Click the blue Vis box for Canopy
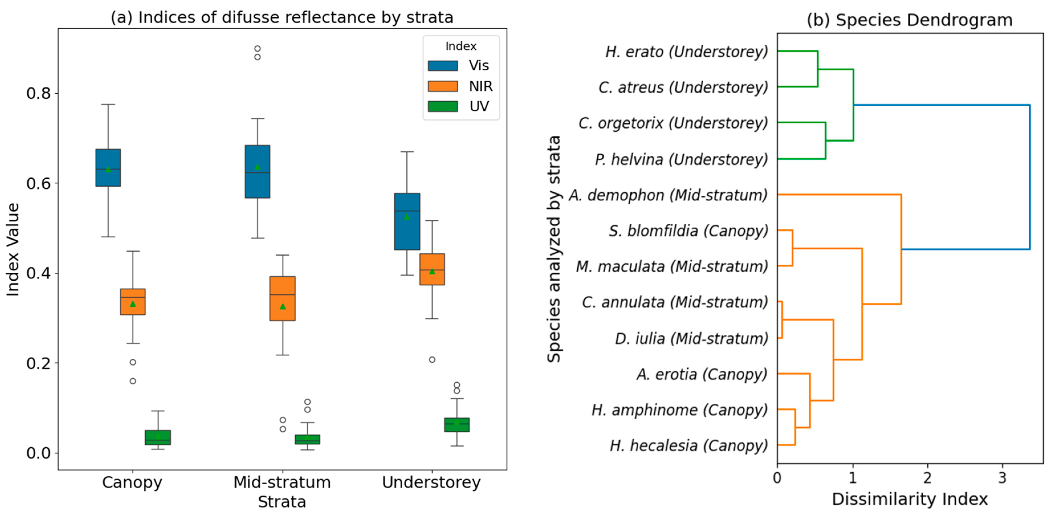[108, 168]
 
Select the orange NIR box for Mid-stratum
[282, 298]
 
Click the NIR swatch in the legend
[443, 86]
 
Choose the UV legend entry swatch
[443, 106]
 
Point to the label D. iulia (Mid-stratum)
[691, 338]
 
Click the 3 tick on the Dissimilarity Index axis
[1002, 477]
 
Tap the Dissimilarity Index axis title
[910, 499]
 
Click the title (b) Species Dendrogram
[910, 20]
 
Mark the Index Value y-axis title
[13, 249]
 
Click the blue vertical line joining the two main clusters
[1029, 177]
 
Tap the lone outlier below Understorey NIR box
[432, 360]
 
